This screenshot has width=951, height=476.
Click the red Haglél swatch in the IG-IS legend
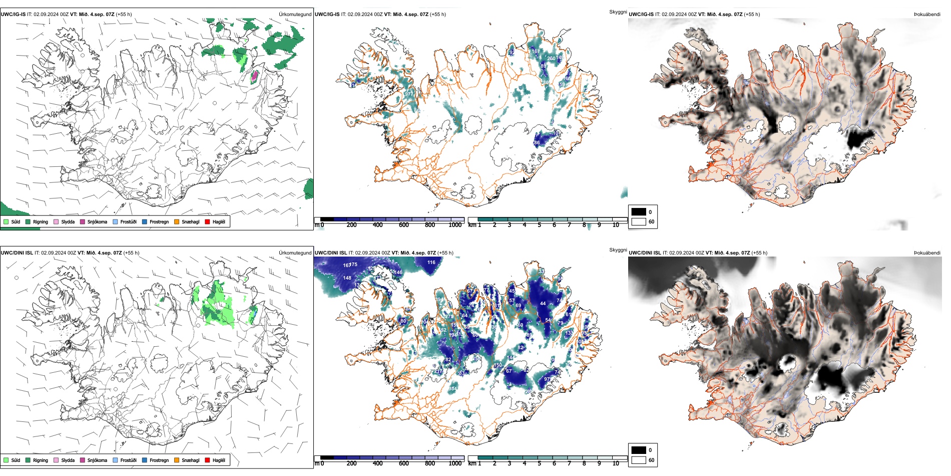(x=207, y=221)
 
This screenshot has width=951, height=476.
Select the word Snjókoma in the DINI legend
(x=97, y=460)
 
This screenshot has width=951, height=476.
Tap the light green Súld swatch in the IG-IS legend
(x=6, y=221)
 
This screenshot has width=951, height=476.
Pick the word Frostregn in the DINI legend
(x=159, y=460)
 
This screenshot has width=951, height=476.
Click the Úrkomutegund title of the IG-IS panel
(x=295, y=14)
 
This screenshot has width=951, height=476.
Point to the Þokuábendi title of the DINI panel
(x=927, y=253)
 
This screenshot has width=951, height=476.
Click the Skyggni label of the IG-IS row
(x=618, y=12)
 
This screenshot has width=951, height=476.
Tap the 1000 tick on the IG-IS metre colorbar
(x=455, y=225)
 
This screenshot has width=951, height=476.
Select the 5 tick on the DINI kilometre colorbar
(x=539, y=463)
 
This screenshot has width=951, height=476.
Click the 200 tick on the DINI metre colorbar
(x=351, y=463)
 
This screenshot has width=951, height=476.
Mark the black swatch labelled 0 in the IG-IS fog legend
(x=639, y=212)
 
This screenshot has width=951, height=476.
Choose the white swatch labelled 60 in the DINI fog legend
(x=639, y=460)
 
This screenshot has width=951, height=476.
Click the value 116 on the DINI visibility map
(x=431, y=262)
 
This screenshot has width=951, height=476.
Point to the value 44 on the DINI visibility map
(x=543, y=303)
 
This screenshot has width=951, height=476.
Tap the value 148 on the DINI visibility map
(x=347, y=278)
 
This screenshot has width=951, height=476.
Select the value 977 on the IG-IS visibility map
(x=409, y=94)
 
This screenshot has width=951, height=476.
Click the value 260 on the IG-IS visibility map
(x=551, y=59)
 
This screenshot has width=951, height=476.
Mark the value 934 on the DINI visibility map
(x=452, y=389)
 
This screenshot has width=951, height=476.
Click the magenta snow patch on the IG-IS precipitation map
(x=254, y=76)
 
